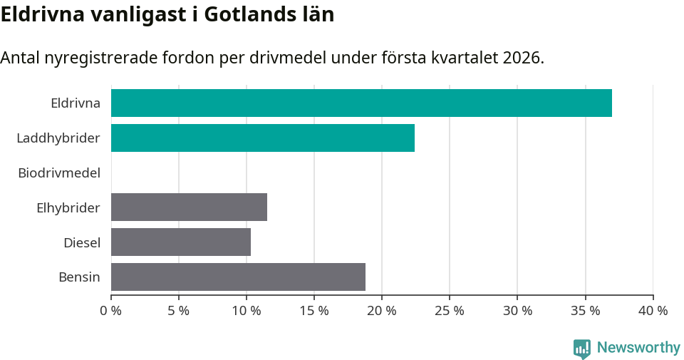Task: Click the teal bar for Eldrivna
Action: [361, 103]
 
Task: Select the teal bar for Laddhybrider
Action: [263, 138]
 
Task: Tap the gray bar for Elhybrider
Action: [189, 207]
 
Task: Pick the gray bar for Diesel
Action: [181, 242]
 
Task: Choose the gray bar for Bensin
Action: [238, 277]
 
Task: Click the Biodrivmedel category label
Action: [59, 173]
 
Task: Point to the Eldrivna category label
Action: [76, 103]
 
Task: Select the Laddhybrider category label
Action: [58, 138]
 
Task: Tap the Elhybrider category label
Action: [68, 207]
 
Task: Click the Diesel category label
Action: [82, 242]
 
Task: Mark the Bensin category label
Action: [79, 277]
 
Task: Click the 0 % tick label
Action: [111, 311]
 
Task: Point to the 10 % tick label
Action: [247, 311]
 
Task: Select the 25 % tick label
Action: [450, 311]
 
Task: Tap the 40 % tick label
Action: [653, 311]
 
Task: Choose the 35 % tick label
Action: [585, 311]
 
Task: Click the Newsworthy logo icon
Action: [582, 348]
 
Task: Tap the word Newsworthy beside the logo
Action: [638, 348]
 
